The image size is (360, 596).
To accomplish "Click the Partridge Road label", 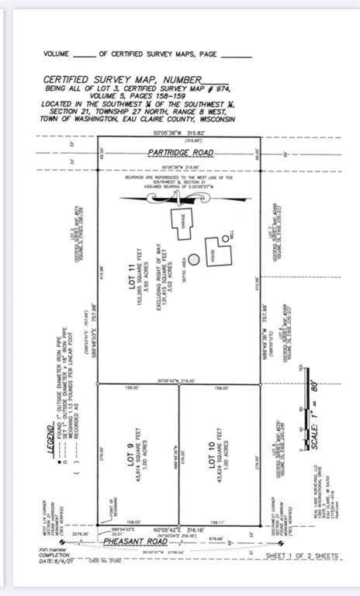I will point(181,154).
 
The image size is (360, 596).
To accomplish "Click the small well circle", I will point(226,237).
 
